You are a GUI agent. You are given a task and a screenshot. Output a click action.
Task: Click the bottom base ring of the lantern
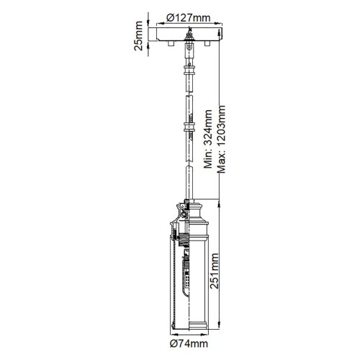(x=190, y=329)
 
